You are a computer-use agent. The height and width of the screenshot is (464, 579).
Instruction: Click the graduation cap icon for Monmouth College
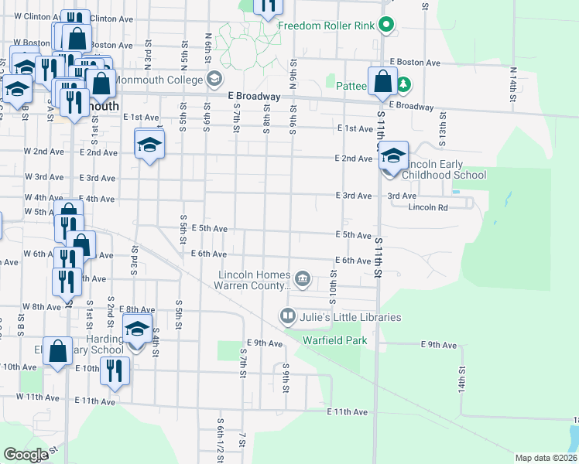point(214,79)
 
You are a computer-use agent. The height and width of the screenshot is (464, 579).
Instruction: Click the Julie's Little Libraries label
point(351,317)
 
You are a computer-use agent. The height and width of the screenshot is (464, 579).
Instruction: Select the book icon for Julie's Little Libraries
point(287,316)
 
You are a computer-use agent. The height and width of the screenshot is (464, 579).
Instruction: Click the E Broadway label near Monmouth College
point(253,96)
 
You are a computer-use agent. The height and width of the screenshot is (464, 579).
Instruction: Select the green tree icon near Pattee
point(403,84)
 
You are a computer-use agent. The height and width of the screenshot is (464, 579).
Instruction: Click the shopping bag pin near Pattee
point(382,80)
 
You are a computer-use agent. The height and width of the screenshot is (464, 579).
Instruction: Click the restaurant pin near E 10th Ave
point(115,370)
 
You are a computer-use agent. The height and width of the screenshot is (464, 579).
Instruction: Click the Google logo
point(26,455)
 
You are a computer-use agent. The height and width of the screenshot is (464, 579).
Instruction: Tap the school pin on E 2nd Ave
point(150,143)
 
